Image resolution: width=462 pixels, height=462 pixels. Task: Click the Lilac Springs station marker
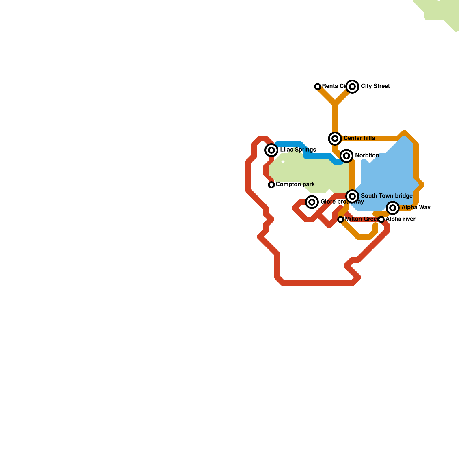pos(271,150)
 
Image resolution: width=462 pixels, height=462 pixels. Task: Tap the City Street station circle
pos(352,86)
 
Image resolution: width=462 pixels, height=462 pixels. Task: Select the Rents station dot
pos(318,86)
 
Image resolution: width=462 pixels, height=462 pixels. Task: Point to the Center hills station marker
pos(335,139)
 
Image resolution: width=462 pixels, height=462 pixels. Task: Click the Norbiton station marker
pos(346,156)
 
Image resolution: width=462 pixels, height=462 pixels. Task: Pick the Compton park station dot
pos(271,185)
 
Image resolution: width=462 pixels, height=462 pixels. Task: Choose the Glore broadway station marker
pos(312,202)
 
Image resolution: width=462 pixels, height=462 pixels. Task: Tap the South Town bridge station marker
pos(352,196)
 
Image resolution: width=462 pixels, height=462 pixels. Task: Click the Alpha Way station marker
pos(393,208)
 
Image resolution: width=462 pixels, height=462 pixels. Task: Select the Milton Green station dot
pos(341,219)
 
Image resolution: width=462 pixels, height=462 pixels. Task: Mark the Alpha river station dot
pos(381,219)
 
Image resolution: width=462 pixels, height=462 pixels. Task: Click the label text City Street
pos(375,86)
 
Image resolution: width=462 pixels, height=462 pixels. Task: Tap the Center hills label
pos(359,138)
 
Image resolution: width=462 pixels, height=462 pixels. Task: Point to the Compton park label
pos(295,185)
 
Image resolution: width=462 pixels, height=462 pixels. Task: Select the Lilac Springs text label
pos(298,150)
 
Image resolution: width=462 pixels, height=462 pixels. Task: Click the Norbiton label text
pos(367,156)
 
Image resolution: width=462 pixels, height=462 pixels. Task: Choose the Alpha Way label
pos(416,208)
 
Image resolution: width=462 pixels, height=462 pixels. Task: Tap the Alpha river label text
pos(400,219)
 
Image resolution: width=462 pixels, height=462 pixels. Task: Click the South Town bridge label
pos(386,196)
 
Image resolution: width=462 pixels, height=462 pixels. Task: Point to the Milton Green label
pos(361,219)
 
